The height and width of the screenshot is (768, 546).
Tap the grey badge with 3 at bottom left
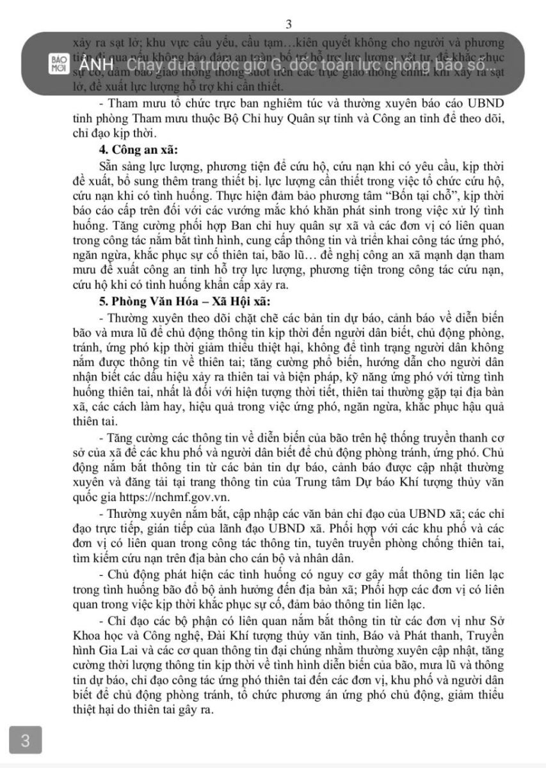[x=26, y=741]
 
